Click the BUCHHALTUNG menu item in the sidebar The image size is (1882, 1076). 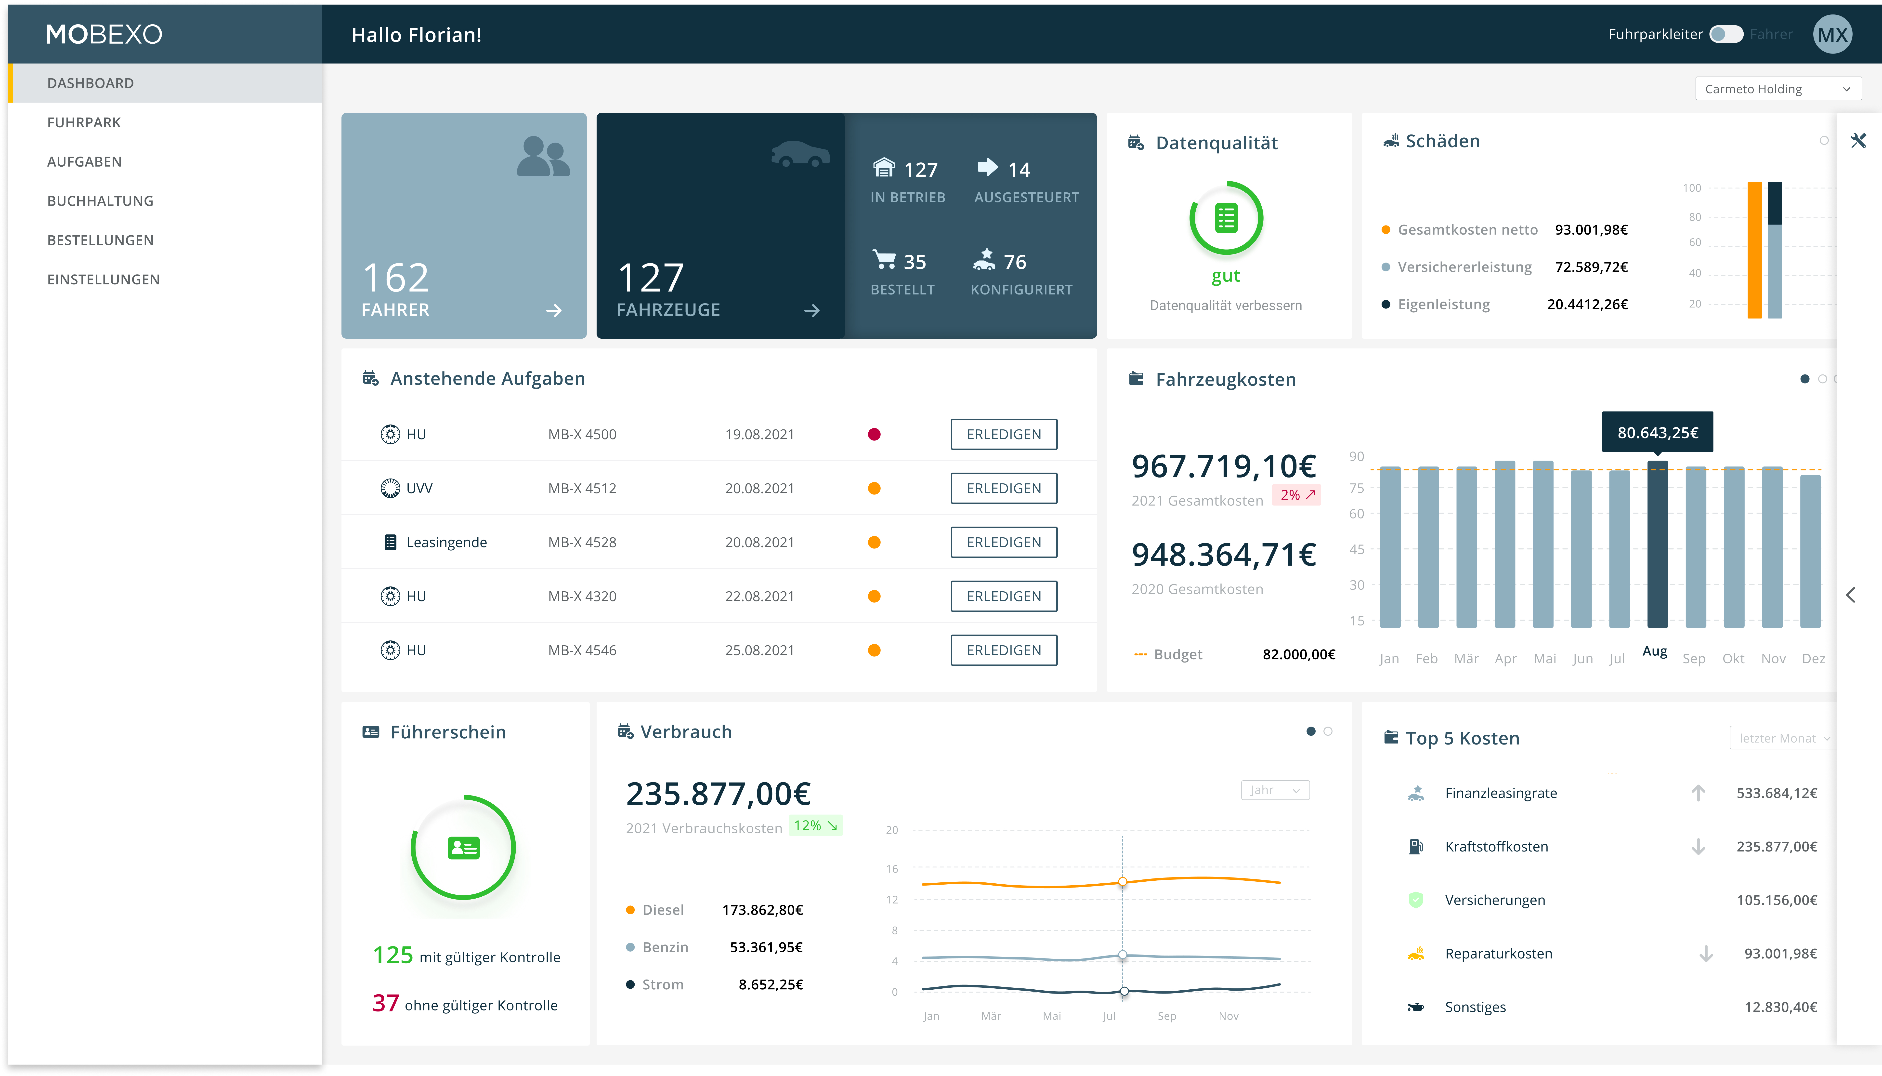coord(100,201)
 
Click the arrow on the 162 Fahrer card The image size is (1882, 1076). coord(553,311)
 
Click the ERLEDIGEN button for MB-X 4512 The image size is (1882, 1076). coord(1003,489)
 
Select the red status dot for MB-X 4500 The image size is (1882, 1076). coord(874,435)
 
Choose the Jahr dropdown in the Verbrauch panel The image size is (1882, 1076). coord(1275,790)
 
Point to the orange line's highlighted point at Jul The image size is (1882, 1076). coord(1122,882)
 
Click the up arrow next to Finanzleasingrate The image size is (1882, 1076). coord(1698,793)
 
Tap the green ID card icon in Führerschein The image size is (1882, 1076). coord(463,848)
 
